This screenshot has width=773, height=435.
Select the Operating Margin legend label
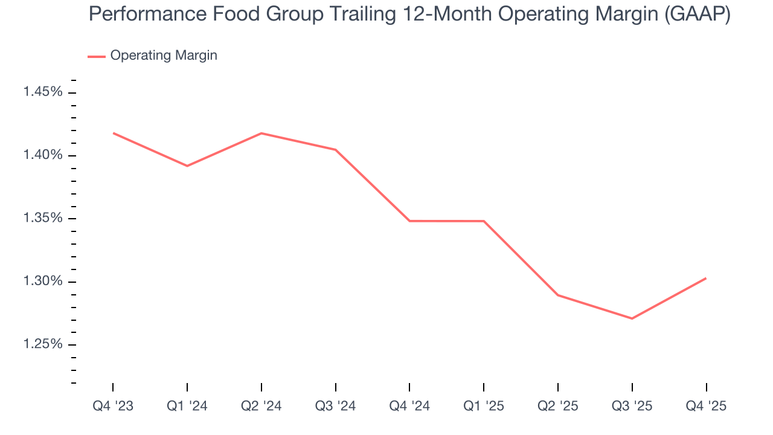coord(164,56)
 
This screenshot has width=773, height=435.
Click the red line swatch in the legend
coord(97,56)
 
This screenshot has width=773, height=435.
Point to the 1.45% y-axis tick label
coord(42,92)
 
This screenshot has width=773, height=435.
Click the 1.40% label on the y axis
coord(42,155)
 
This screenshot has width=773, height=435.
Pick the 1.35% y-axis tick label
coord(42,218)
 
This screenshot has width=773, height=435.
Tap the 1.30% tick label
coord(42,282)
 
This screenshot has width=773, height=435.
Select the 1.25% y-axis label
coord(42,344)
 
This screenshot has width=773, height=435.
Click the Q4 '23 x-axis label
coord(113,407)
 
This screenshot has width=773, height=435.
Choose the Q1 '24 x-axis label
coord(187,407)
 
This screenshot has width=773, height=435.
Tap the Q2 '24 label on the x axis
coord(261,407)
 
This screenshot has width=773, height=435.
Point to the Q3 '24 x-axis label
coord(335,407)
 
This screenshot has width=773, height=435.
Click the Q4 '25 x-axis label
coord(706,407)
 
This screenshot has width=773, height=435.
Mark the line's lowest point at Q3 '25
coord(632,318)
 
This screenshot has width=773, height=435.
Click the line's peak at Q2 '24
coord(261,133)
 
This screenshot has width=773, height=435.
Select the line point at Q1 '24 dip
coord(187,166)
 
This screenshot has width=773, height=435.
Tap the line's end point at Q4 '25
coord(706,279)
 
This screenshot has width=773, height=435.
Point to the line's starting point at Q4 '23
coord(114,133)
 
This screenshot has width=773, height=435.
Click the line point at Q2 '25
coord(557,295)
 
